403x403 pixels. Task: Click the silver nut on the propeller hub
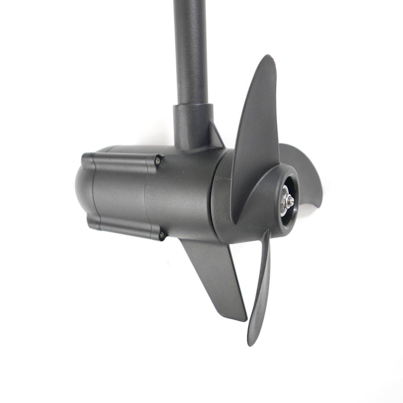(x=287, y=201)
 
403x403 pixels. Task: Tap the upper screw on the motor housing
(x=158, y=161)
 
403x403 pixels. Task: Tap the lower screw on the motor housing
(x=162, y=236)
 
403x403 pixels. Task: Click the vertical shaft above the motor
(x=190, y=50)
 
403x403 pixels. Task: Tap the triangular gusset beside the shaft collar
(x=216, y=137)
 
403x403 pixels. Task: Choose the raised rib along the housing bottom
(x=123, y=227)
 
